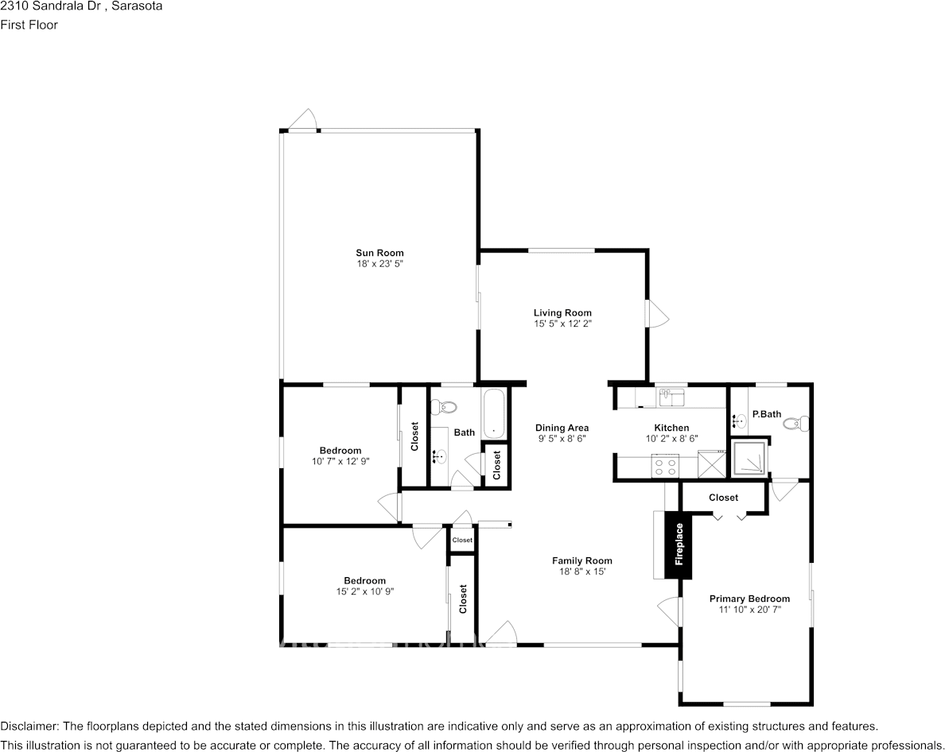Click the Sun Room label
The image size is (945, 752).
pyautogui.click(x=379, y=253)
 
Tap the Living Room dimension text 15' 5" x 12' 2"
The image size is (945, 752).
pyautogui.click(x=562, y=324)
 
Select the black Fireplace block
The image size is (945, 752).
pyautogui.click(x=679, y=545)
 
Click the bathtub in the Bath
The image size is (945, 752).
pyautogui.click(x=494, y=413)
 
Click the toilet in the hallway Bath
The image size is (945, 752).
pyautogui.click(x=443, y=408)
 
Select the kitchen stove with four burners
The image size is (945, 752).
pyautogui.click(x=664, y=465)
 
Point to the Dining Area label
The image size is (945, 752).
pyautogui.click(x=562, y=428)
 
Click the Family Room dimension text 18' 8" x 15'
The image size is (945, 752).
pyautogui.click(x=581, y=572)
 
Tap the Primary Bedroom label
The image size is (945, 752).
pyautogui.click(x=749, y=599)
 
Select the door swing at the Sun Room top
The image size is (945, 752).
pyautogui.click(x=303, y=120)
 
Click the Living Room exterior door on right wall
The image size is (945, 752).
pyautogui.click(x=657, y=314)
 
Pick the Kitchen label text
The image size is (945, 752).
pyautogui.click(x=671, y=428)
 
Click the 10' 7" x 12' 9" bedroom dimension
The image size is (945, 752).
pyautogui.click(x=340, y=461)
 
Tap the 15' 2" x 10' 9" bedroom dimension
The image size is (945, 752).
pyautogui.click(x=364, y=591)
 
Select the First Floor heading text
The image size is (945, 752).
pyautogui.click(x=29, y=25)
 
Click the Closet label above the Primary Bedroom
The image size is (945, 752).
pyautogui.click(x=723, y=498)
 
